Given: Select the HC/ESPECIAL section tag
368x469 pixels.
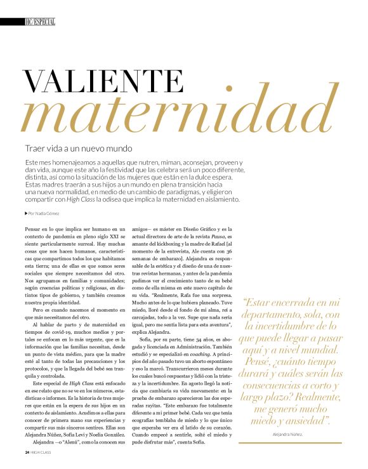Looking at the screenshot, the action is [x=39, y=22].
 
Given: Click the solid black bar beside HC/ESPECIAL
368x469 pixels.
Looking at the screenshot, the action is [x=11, y=22].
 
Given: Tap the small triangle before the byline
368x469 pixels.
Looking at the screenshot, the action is [x=26, y=213].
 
